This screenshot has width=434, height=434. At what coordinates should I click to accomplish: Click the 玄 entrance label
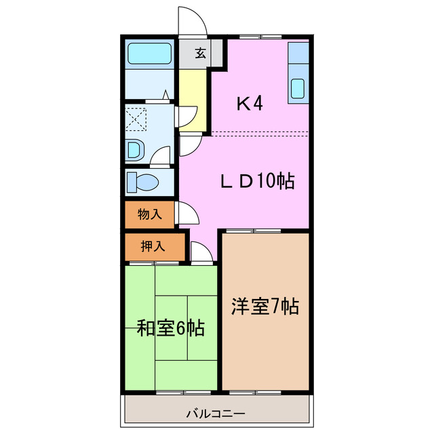point(201,54)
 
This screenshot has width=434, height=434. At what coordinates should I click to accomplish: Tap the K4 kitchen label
point(249,104)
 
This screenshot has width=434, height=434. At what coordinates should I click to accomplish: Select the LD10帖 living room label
point(257,181)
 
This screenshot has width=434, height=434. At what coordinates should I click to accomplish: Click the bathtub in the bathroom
point(151,52)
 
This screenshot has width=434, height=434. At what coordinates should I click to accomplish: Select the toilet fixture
point(144,182)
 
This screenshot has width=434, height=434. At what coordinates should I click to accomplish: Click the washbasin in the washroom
point(134,149)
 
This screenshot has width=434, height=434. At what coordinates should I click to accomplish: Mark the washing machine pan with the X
point(136,119)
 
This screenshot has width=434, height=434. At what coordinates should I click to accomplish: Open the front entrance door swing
point(193,21)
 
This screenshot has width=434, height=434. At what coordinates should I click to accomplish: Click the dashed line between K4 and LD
point(258,132)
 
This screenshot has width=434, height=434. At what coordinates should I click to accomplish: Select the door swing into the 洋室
point(201,252)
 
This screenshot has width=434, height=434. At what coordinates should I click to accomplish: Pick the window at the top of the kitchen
point(260,36)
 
